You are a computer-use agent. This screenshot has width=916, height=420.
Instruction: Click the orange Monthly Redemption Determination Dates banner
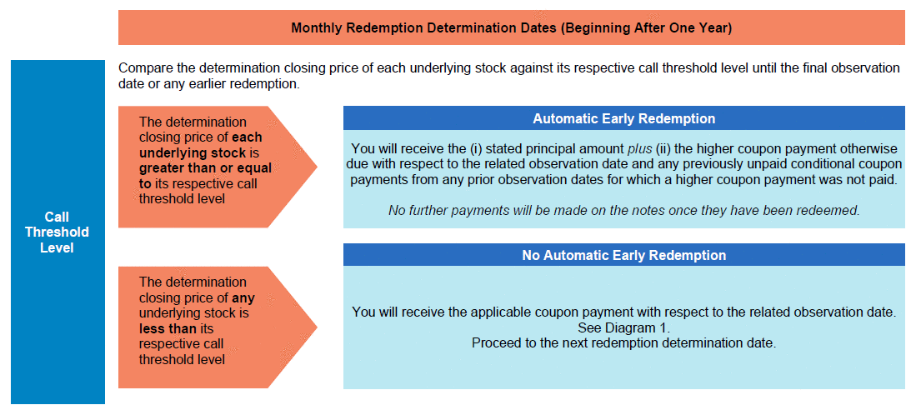coord(511,27)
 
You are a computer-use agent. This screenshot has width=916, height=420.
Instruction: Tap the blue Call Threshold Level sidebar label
coord(58,232)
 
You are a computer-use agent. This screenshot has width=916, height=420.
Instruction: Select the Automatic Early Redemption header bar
coord(624,118)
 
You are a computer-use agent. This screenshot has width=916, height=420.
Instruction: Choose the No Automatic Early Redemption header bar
coord(624,255)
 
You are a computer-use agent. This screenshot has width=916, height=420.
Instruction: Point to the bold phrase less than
coord(168,329)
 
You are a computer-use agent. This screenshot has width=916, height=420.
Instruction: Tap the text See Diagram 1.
coord(624,327)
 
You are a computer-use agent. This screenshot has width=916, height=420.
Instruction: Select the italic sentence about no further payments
coord(624,210)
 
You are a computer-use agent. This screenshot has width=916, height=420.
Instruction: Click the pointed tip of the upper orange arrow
coord(318,167)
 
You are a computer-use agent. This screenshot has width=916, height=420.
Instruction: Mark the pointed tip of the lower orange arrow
coord(318,327)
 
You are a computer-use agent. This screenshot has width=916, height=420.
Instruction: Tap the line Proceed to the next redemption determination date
coord(624,342)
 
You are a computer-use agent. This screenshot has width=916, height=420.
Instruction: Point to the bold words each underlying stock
coord(201,145)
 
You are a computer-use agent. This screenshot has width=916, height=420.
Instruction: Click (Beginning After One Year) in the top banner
coord(645,28)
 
